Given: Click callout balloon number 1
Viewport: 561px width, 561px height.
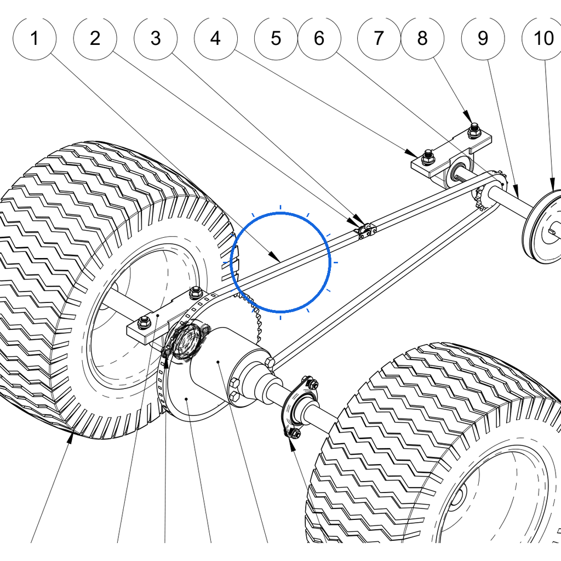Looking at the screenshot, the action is tap(35, 38).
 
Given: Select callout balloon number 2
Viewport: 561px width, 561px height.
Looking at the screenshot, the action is tap(95, 38).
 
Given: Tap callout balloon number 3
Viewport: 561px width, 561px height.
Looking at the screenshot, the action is tap(155, 38).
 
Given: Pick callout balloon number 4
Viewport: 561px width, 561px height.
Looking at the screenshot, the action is tap(215, 38).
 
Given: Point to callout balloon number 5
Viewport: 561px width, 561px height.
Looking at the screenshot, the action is tap(276, 38).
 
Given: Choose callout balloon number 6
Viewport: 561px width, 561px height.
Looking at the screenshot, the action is tap(319, 38).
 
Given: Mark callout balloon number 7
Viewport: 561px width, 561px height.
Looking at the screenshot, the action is tap(379, 38).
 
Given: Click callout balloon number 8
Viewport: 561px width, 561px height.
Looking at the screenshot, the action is tap(422, 38).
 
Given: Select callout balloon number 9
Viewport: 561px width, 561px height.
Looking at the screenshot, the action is tap(483, 38).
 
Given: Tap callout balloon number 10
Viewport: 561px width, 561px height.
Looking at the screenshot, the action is tap(543, 38).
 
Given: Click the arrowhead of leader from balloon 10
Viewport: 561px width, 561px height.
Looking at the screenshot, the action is tap(552, 184).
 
